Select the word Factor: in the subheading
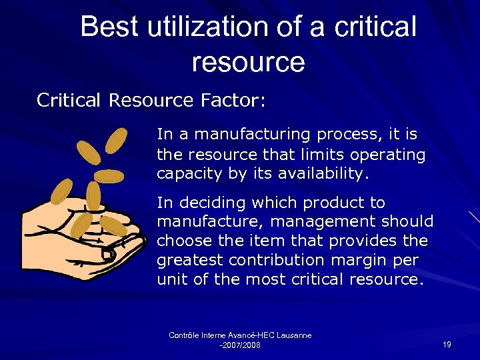pyautogui.click(x=233, y=101)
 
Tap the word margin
pyautogui.click(x=350, y=261)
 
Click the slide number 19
pyautogui.click(x=447, y=345)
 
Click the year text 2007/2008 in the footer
pyautogui.click(x=241, y=345)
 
